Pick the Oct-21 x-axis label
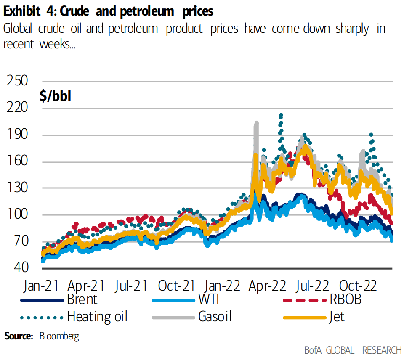177,286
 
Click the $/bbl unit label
56,96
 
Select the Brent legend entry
82,299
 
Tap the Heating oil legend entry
97,316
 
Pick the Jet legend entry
337,316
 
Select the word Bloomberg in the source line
59,336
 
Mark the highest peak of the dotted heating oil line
281,114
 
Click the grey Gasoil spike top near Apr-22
256,123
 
